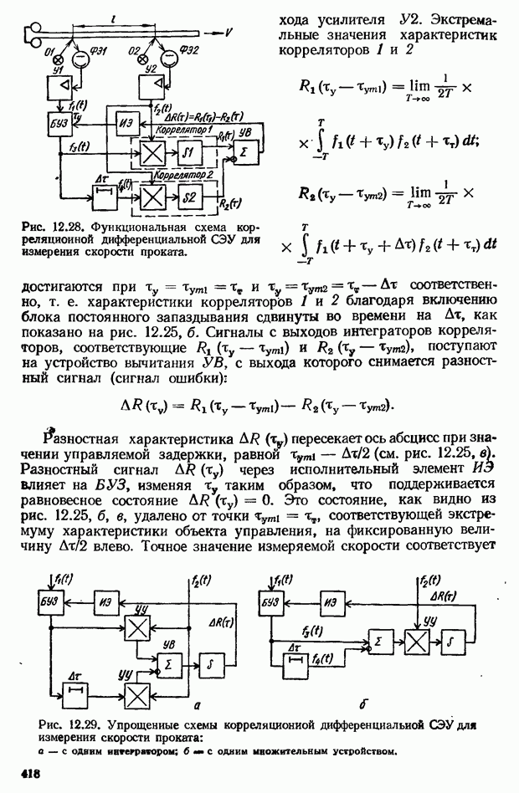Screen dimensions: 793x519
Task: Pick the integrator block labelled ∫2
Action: click(188, 197)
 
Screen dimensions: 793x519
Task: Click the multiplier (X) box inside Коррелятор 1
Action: click(152, 153)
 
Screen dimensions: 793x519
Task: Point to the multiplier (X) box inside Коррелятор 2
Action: click(152, 197)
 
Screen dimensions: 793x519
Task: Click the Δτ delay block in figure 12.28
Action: click(102, 196)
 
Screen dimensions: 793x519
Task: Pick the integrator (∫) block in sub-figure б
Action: click(455, 641)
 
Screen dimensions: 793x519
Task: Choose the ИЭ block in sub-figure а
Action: click(105, 602)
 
